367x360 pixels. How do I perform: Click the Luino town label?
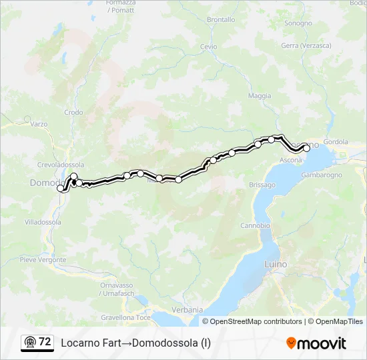click(x=276, y=265)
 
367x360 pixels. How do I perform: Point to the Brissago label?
click(x=262, y=185)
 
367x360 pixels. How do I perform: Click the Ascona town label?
click(x=290, y=161)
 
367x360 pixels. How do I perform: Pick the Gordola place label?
click(x=336, y=141)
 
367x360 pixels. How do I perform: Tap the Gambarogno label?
click(x=321, y=175)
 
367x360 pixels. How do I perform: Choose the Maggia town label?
click(x=260, y=96)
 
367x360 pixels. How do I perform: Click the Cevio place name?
click(x=209, y=47)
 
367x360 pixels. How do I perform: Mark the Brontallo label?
click(x=221, y=20)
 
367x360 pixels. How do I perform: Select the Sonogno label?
click(x=298, y=23)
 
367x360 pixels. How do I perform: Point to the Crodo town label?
click(x=73, y=113)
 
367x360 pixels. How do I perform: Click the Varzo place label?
click(x=39, y=124)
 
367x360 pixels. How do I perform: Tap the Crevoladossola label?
click(x=61, y=164)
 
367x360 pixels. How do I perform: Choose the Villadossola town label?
click(x=43, y=221)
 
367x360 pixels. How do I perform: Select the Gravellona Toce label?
click(x=125, y=318)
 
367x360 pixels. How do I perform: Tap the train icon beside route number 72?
click(x=29, y=342)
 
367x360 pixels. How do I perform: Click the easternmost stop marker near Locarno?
click(x=307, y=149)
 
